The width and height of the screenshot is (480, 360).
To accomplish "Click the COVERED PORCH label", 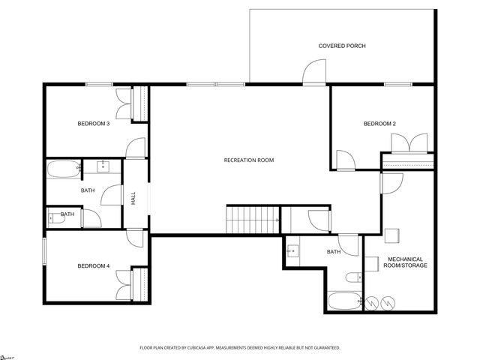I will click(x=342, y=46).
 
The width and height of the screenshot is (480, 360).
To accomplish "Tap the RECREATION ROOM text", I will click(x=249, y=160).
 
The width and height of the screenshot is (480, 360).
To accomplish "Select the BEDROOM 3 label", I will click(x=94, y=123).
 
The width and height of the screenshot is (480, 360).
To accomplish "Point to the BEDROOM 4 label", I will click(x=94, y=265).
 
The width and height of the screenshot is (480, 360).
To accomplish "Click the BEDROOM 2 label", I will click(x=379, y=123).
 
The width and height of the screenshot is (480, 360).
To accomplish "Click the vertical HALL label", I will click(x=133, y=199).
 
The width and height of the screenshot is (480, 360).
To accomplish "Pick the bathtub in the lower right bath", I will click(x=344, y=304).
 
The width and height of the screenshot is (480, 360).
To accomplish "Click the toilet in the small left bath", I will click(x=55, y=219).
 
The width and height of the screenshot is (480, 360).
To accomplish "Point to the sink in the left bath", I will click(x=103, y=166).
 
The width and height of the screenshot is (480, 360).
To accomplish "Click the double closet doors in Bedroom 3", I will click(x=124, y=104).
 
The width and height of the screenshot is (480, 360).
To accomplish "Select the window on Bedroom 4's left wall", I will click(x=43, y=251).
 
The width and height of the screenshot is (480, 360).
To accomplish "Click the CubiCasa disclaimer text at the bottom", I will click(x=240, y=348).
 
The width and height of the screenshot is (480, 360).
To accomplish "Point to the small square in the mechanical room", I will click(x=370, y=263).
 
